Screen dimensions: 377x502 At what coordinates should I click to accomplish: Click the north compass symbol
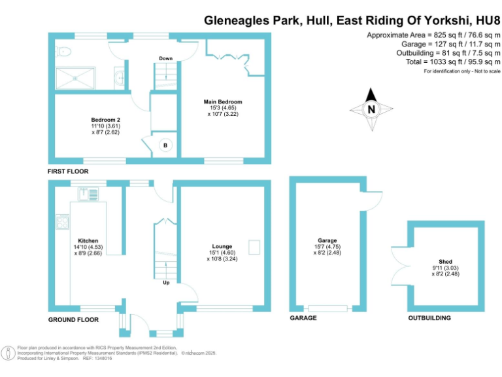coord(371,109)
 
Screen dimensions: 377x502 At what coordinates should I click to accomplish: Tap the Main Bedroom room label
coord(223,102)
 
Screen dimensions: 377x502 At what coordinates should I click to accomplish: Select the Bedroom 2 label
coord(105,120)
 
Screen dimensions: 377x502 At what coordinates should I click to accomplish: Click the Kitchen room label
coord(88,240)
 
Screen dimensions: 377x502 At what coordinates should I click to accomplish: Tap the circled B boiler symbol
coord(165,145)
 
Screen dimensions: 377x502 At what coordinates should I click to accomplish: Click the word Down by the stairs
coord(165,59)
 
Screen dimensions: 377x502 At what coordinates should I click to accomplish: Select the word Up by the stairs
coord(167,283)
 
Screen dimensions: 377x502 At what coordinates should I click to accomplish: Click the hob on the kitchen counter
coord(62,223)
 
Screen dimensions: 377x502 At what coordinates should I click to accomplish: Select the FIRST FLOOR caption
coord(68,171)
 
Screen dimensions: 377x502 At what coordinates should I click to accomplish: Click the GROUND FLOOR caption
coord(73,320)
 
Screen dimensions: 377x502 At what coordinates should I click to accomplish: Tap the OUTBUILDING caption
coord(429,318)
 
